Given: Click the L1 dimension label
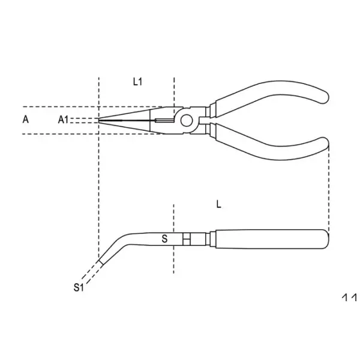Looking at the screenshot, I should click(x=137, y=83).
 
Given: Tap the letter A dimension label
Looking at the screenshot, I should click(x=25, y=119).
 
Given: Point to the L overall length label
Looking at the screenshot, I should click(x=219, y=204).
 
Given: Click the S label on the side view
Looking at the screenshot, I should click(x=164, y=239).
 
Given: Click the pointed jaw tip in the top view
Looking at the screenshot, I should click(x=101, y=119).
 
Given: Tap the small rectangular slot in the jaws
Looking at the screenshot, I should click(x=162, y=121).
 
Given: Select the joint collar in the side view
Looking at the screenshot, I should click(x=188, y=239).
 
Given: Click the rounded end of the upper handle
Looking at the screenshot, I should click(x=323, y=95).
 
